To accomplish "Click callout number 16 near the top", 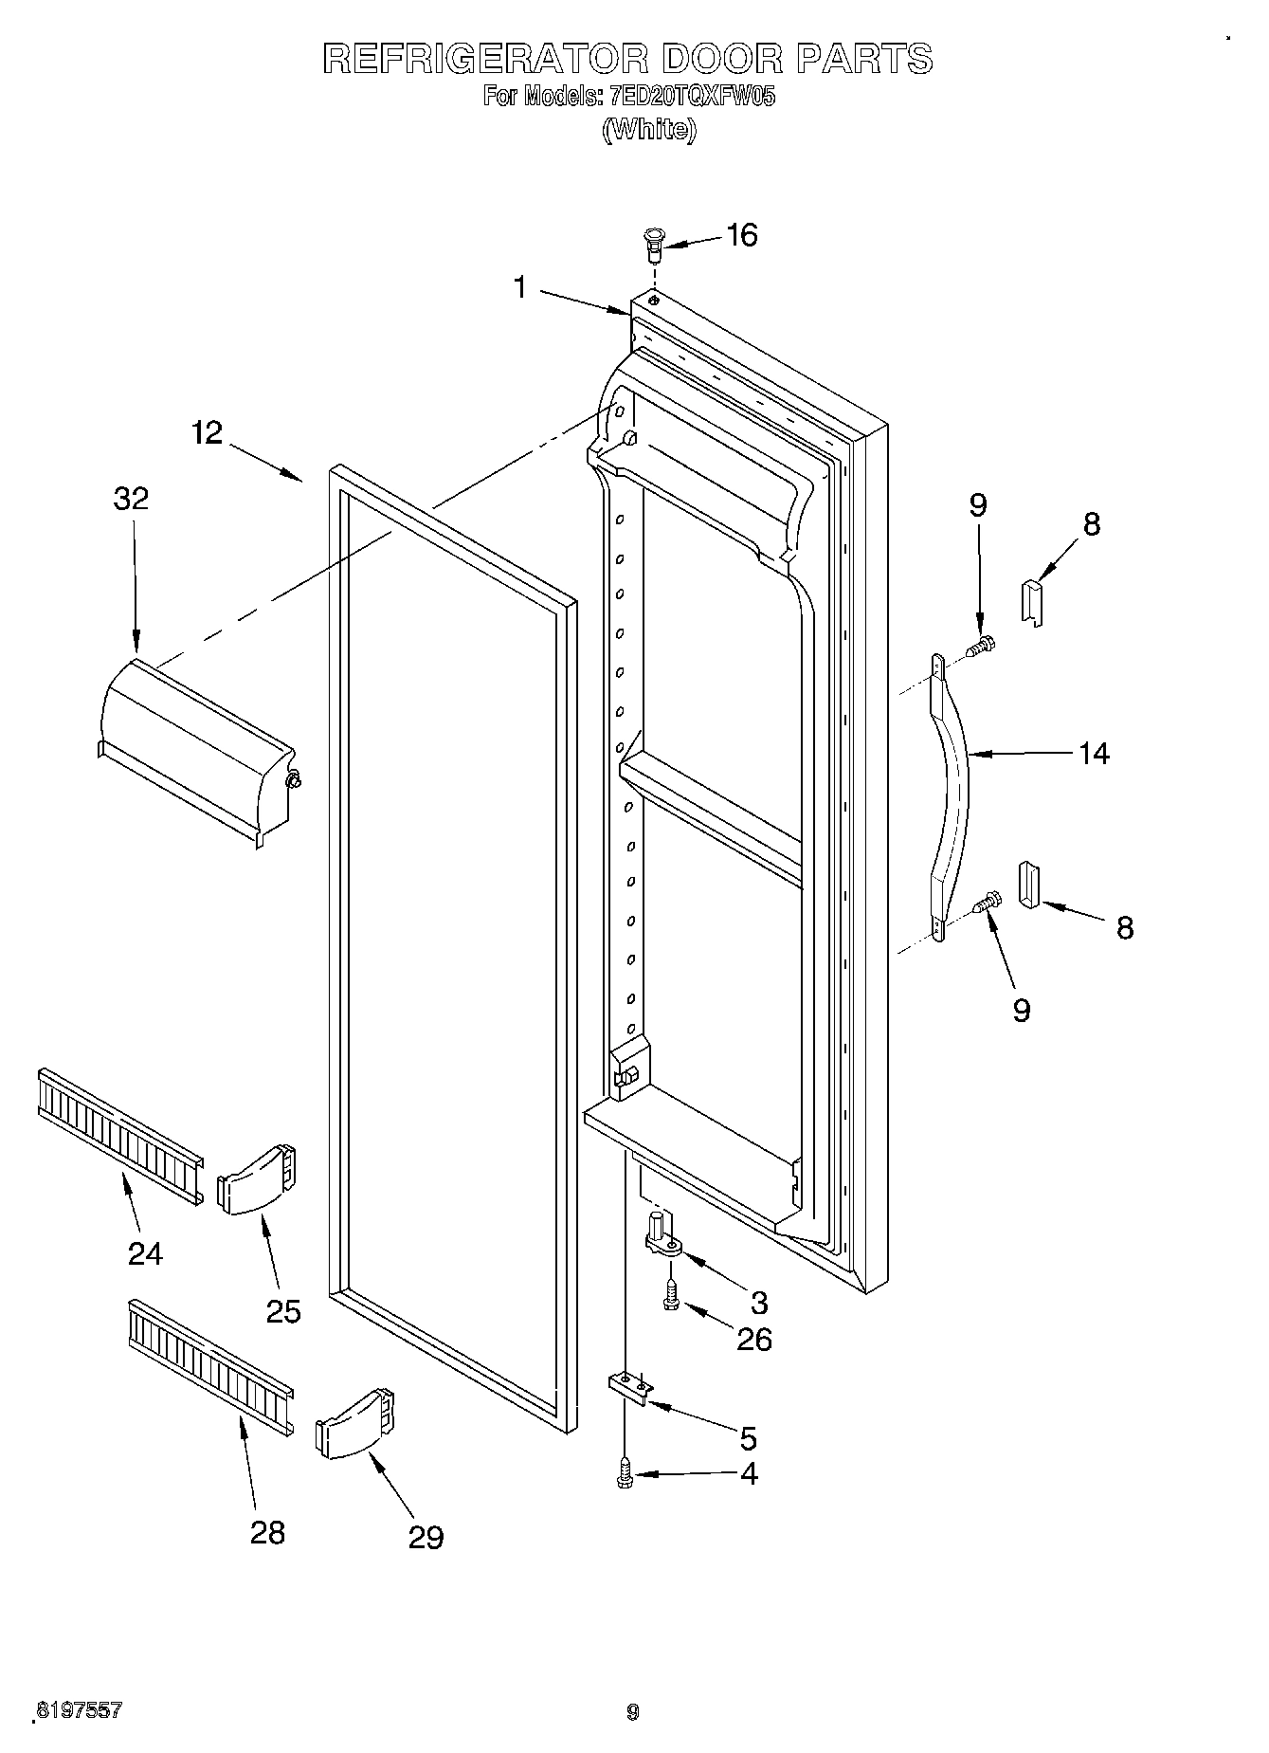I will tap(741, 235).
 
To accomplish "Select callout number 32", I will tap(132, 499).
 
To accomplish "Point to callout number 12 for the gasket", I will tap(207, 433).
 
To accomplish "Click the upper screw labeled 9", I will tap(982, 646).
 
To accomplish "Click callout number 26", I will tap(754, 1339).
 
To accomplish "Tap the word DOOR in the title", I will tap(722, 59).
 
